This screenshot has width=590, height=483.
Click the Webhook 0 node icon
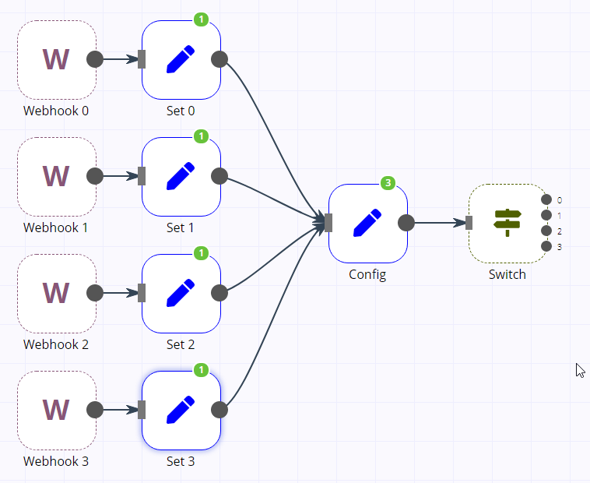(x=56, y=59)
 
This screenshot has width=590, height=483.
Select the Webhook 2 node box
(x=56, y=293)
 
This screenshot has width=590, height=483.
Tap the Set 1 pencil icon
(x=181, y=176)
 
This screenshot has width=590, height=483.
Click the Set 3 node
(x=181, y=410)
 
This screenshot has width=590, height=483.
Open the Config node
(x=367, y=223)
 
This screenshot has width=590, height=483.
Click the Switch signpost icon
(x=507, y=223)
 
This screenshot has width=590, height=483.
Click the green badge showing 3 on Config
(x=388, y=183)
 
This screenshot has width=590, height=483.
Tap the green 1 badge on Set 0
(x=201, y=19)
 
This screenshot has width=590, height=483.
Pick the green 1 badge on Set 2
(x=201, y=253)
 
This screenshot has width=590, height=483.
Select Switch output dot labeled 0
(x=546, y=199)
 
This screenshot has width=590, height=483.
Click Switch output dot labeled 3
(x=546, y=246)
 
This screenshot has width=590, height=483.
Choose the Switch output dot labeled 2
(x=546, y=231)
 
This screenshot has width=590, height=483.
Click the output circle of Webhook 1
(x=95, y=176)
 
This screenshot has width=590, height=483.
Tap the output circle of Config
(x=406, y=223)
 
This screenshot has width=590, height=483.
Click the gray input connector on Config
(x=328, y=223)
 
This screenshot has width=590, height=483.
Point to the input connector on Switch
(x=469, y=223)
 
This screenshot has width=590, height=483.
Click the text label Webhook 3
(x=56, y=461)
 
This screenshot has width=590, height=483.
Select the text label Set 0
(x=181, y=111)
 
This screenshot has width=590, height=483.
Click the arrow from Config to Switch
(x=438, y=223)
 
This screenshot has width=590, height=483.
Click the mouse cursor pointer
(x=580, y=370)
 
